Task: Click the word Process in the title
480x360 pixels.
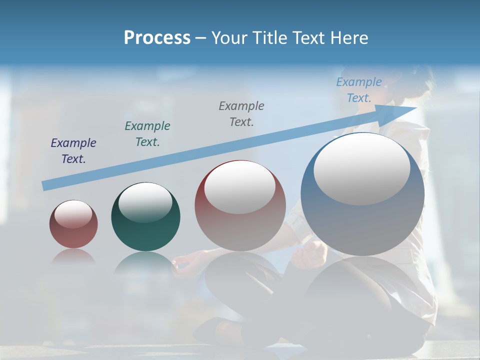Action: [157, 38]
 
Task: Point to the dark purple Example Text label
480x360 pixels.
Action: [73, 150]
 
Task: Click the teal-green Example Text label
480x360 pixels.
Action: [147, 133]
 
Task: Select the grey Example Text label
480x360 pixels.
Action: [241, 113]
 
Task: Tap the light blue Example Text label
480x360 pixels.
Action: [359, 90]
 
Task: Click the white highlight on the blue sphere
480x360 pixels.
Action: [361, 169]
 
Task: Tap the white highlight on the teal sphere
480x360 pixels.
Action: [145, 202]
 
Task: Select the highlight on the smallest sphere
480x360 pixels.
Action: [73, 214]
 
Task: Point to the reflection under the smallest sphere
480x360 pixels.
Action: [73, 256]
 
